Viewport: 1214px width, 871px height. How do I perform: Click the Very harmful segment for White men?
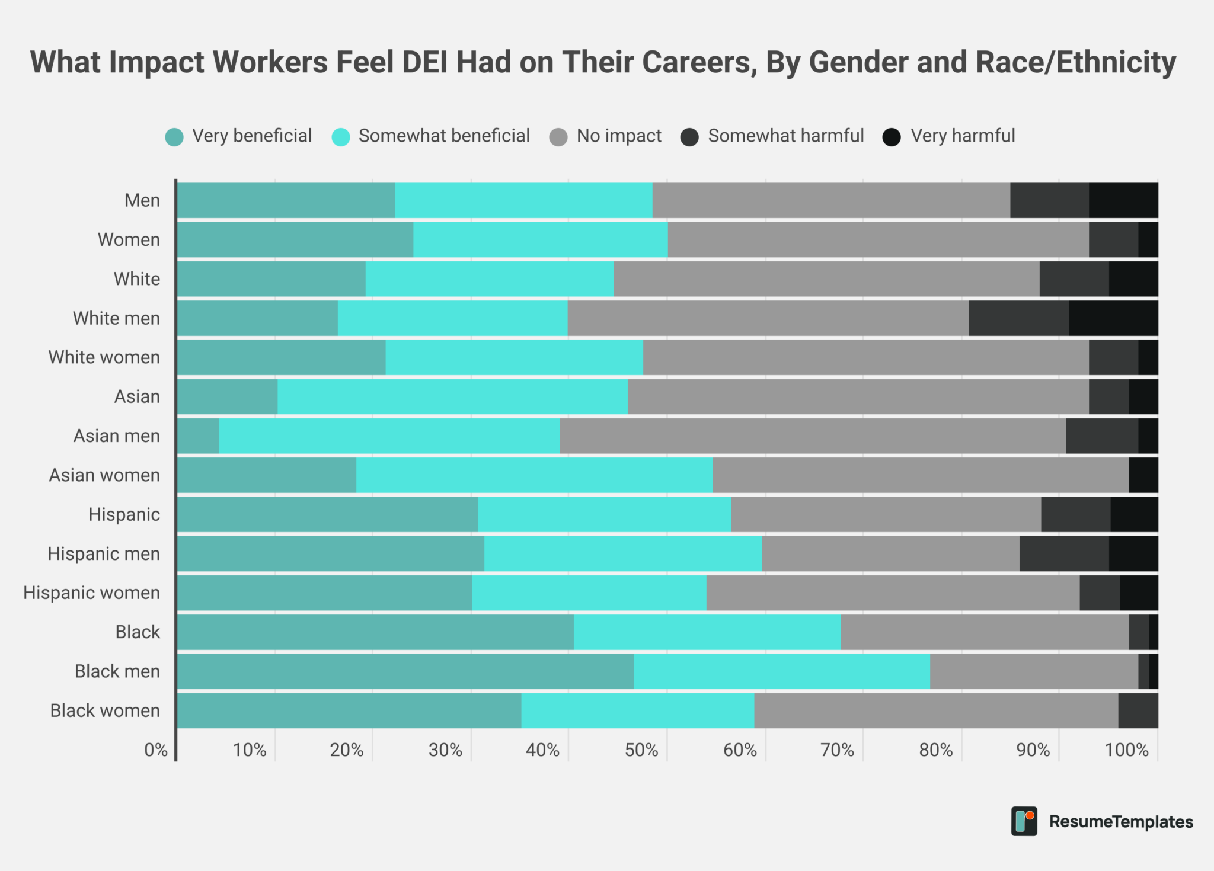coord(1113,318)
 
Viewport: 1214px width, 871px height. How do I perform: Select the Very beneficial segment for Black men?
coord(405,671)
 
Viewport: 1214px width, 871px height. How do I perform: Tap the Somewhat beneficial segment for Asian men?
coord(389,436)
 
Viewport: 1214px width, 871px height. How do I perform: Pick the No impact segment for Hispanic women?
coord(893,593)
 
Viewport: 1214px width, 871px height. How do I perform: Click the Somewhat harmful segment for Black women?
coord(1138,710)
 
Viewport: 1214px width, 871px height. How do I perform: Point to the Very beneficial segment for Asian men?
coord(198,436)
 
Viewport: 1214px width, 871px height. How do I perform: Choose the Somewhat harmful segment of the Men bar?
coord(1049,200)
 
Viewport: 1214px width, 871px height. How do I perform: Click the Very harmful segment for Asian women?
coord(1143,475)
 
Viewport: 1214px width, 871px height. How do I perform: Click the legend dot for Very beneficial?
coord(174,137)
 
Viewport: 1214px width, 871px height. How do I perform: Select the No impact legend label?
coord(619,136)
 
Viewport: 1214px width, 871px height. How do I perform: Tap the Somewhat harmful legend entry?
coord(785,136)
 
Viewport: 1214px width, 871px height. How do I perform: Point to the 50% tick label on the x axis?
coord(641,750)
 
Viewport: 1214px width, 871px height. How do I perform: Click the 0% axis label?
coord(156,750)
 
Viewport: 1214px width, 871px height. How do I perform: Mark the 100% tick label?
coord(1126,750)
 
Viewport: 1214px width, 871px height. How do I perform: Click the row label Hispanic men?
coord(104,553)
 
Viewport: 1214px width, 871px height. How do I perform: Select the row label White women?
coord(104,357)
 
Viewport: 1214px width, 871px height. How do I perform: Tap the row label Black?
coord(138,632)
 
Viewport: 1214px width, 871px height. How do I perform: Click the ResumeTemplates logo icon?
coord(1024,821)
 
